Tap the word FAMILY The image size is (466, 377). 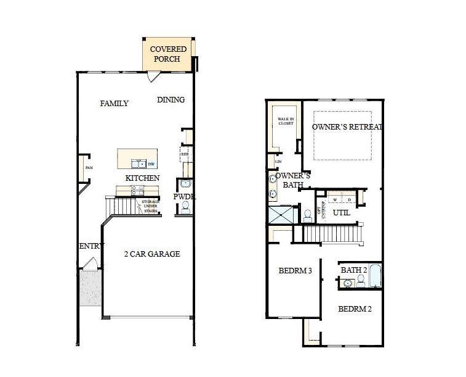click(x=114, y=104)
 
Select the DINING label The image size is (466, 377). click(x=171, y=100)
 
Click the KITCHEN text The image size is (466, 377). click(x=142, y=178)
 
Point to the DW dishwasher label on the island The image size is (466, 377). click(x=150, y=164)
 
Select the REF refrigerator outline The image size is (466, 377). click(x=184, y=154)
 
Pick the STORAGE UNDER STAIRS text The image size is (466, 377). click(x=150, y=206)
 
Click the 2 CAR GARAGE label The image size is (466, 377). click(x=151, y=254)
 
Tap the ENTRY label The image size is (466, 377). click(x=91, y=246)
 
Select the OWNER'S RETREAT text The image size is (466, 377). click(x=347, y=127)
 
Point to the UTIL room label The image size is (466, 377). click(x=341, y=213)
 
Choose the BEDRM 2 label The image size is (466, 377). click(x=355, y=309)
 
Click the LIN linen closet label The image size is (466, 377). click(x=278, y=162)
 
